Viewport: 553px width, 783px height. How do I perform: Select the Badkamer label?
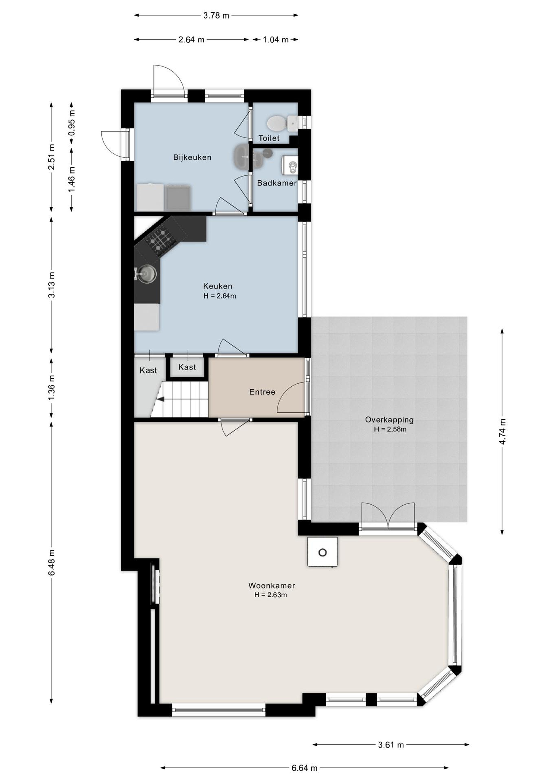click(277, 183)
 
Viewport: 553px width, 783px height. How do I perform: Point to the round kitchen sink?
click(147, 274)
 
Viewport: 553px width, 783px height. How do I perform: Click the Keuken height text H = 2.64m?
click(220, 296)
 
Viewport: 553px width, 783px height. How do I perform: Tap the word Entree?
click(262, 392)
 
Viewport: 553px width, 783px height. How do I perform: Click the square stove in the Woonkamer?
click(323, 552)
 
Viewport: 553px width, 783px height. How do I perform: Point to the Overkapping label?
click(389, 420)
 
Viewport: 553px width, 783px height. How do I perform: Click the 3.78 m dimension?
click(216, 15)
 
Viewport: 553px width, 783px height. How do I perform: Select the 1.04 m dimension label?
click(276, 40)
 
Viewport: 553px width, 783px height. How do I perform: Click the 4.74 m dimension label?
click(502, 431)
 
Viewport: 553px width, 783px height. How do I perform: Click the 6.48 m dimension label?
click(51, 562)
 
